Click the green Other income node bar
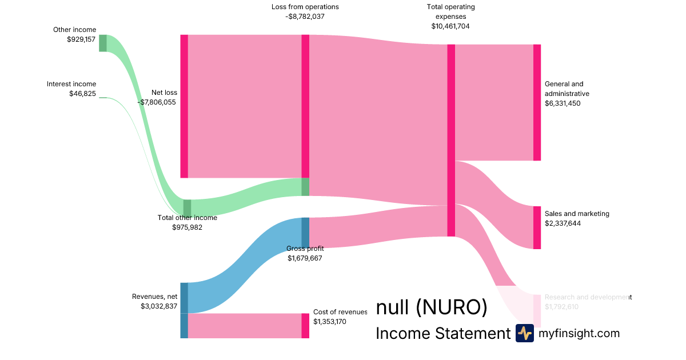(x=103, y=43)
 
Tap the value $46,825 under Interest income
(x=82, y=93)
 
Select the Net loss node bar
(x=184, y=106)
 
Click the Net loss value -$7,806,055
(x=157, y=102)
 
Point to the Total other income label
(x=187, y=218)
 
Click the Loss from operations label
(x=305, y=7)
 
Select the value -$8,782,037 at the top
(x=305, y=17)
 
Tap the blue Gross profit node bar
(x=305, y=233)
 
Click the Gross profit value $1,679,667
(x=305, y=258)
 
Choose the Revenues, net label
(x=154, y=297)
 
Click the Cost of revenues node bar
(x=305, y=326)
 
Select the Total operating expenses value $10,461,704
(x=450, y=26)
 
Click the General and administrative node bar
(x=537, y=102)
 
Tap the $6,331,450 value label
(x=563, y=103)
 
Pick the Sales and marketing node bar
(x=537, y=227)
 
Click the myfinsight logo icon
(x=524, y=333)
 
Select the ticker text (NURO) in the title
(x=451, y=308)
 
